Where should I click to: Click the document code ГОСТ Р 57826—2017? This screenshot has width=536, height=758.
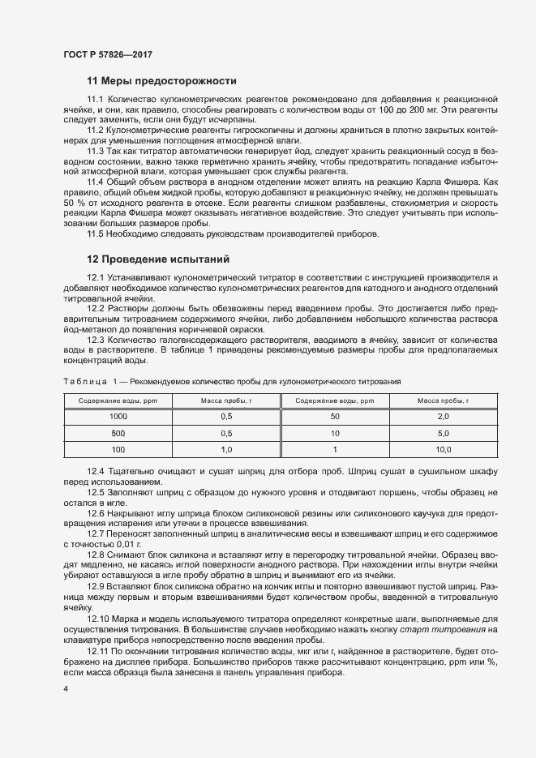tap(107, 54)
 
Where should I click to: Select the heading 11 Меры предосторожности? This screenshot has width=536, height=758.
tap(161, 81)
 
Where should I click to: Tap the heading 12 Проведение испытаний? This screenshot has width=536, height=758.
tap(158, 259)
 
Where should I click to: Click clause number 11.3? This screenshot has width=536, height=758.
tap(96, 152)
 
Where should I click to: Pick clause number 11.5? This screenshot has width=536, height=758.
tap(96, 233)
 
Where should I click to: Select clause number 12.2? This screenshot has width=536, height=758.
tap(97, 309)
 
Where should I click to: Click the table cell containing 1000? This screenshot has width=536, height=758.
tap(118, 416)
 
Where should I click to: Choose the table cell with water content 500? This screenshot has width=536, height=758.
tap(118, 433)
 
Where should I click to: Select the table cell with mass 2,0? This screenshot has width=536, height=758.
tap(443, 416)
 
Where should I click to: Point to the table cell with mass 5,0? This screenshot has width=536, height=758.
tap(443, 433)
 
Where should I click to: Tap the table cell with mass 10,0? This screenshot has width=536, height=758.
tap(443, 449)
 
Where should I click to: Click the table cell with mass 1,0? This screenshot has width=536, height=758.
tap(226, 449)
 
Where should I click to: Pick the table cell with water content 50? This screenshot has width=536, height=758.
tap(334, 416)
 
